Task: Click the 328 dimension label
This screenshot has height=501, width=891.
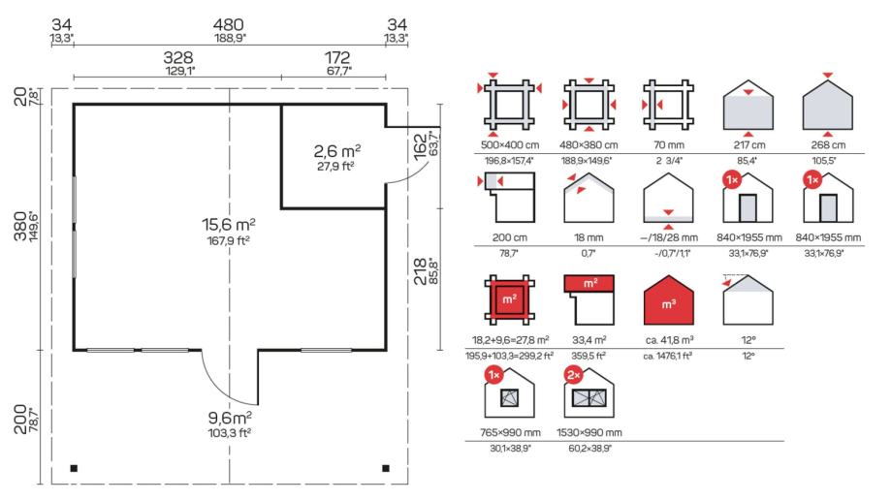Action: point(178,57)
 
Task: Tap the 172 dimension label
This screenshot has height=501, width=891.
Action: point(337,57)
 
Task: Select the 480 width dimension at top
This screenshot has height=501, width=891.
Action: point(229,25)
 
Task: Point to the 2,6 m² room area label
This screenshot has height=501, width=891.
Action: point(337,151)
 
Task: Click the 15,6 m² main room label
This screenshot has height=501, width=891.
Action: point(229,225)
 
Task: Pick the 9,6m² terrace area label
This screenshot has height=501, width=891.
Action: point(230,418)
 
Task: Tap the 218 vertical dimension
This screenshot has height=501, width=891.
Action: point(420,271)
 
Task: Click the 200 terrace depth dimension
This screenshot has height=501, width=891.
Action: point(20,420)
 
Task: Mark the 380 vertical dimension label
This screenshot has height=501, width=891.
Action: point(20,226)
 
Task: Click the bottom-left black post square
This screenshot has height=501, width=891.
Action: point(74,468)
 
